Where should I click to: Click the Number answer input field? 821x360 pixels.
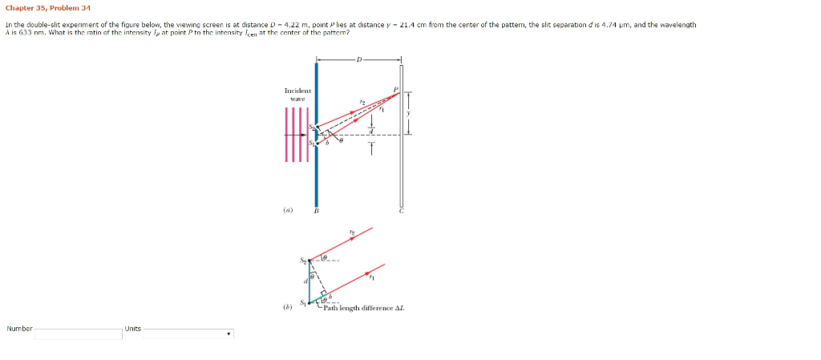click(x=78, y=333)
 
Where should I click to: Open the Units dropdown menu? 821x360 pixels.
click(x=188, y=333)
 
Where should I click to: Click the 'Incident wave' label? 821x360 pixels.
click(x=297, y=95)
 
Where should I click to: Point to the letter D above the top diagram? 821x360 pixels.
click(x=359, y=59)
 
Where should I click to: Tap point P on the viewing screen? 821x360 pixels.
click(x=396, y=90)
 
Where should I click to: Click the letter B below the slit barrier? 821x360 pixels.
click(x=316, y=211)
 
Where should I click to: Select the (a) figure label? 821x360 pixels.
click(x=287, y=211)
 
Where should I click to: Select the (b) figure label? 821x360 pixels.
click(x=287, y=306)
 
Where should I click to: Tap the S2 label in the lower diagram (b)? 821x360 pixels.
click(x=303, y=260)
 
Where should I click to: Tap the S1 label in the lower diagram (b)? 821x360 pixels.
click(x=303, y=302)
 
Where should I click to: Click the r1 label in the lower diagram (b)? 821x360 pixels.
click(x=372, y=278)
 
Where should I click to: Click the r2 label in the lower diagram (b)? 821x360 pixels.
click(x=351, y=233)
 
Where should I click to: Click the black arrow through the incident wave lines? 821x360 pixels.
click(x=297, y=135)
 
